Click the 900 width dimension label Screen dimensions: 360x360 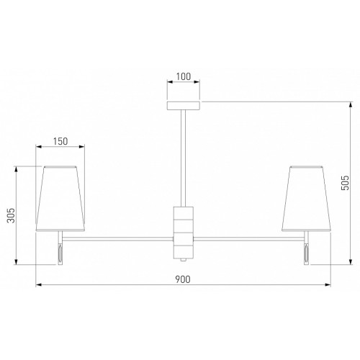[183, 279]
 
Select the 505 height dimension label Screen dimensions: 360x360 [345, 183]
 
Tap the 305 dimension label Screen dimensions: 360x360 [11, 215]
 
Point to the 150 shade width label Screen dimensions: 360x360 [60, 141]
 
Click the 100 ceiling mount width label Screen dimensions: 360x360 [184, 76]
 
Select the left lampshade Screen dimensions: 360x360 [60, 199]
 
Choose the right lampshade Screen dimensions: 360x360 [307, 199]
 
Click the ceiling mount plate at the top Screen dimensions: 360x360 [184, 106]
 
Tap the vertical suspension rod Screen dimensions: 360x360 [183, 158]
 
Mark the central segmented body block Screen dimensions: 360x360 [184, 233]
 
